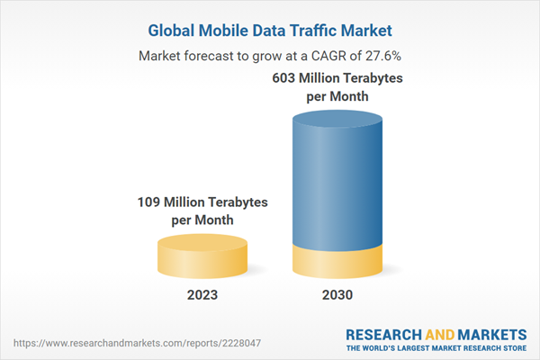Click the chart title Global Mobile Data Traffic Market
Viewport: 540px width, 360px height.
270,29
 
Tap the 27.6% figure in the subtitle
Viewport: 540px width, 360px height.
382,56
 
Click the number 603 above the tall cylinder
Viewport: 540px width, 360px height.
286,79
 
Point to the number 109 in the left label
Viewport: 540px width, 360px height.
150,202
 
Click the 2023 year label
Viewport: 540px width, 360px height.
202,295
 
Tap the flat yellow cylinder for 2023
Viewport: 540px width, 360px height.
202,256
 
